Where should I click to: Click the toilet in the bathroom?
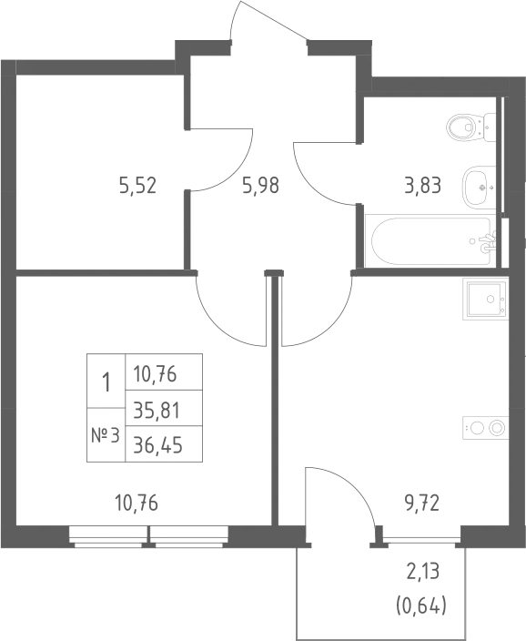470,127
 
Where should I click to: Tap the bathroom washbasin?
479,188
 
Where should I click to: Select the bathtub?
430,240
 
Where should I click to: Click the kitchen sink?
486,299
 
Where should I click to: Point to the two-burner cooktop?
486,428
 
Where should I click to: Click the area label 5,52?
137,185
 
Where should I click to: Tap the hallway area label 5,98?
261,185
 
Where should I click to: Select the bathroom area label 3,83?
423,185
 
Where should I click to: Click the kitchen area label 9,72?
422,503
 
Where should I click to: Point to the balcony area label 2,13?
422,571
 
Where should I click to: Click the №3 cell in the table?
106,435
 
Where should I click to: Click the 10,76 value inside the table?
155,373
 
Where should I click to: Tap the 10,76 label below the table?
137,503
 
